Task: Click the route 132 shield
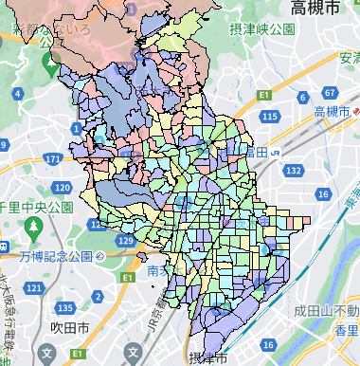coord(295,170)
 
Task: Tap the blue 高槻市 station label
coord(333,111)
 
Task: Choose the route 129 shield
coord(126,242)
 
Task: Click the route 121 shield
coord(35,287)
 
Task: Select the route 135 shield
coord(65,309)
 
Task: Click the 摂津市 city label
coord(207,357)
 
